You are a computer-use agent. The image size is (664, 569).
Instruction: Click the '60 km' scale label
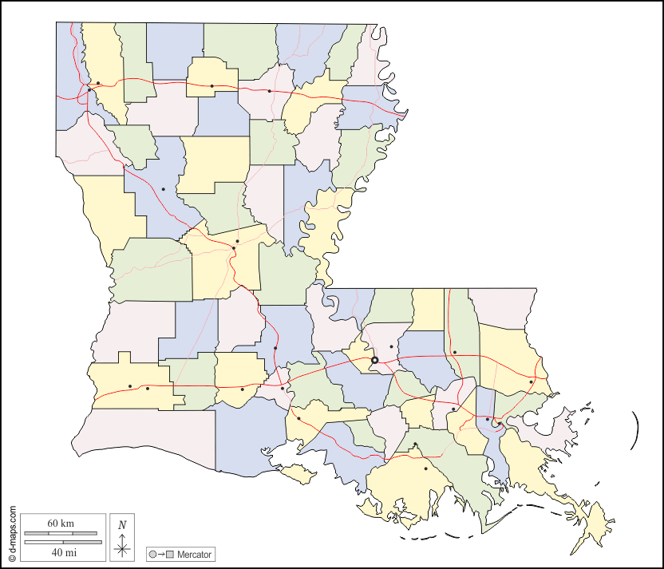61,524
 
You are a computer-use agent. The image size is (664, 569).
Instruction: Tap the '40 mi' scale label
61,551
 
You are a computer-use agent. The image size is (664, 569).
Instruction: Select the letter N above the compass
122,525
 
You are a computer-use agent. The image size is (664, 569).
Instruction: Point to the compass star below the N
122,547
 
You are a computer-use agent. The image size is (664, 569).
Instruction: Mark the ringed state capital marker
374,360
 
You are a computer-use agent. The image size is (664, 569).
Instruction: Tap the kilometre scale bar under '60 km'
61,532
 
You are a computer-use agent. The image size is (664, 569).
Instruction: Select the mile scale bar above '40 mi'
61,542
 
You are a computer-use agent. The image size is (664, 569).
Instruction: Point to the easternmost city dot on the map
531,382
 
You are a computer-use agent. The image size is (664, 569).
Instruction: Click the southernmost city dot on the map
426,468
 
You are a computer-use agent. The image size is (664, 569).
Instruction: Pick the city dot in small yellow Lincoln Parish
212,85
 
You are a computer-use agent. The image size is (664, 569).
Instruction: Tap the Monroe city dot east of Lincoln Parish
270,91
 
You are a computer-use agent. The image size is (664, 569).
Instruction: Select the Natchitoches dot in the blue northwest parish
163,189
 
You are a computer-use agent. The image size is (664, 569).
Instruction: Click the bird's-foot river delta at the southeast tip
595,527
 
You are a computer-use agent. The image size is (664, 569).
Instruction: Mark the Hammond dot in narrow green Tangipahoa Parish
454,352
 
